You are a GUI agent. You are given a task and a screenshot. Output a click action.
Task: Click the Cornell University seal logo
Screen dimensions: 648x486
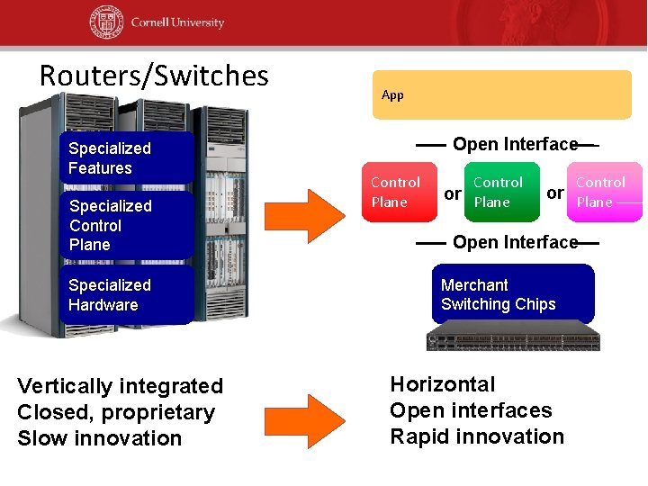[x=107, y=22]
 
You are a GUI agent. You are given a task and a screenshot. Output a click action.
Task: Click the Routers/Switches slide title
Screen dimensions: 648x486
[x=154, y=76]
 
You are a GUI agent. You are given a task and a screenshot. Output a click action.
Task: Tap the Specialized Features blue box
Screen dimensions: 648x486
[x=126, y=158]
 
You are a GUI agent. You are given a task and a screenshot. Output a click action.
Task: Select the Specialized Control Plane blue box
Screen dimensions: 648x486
[x=126, y=225]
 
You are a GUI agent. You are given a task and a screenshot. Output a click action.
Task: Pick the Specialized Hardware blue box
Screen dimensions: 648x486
[x=126, y=294]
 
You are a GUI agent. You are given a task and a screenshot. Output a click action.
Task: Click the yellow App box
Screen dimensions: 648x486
[x=502, y=94]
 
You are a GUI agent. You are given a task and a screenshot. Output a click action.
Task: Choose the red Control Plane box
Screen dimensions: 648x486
[x=399, y=192]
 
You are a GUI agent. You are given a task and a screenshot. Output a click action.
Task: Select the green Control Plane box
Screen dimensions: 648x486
[x=500, y=192]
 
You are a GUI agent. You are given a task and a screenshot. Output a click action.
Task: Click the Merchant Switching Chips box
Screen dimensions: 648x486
[x=512, y=294]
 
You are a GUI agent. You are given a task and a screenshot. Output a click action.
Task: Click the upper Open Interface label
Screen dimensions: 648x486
[x=515, y=144]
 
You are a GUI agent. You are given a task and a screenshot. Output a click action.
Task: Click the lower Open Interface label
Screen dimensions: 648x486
[x=515, y=242]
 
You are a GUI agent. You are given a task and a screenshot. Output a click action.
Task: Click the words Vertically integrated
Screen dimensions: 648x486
[x=120, y=386]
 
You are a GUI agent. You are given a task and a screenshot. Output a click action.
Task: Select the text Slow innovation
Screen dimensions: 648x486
[x=99, y=438]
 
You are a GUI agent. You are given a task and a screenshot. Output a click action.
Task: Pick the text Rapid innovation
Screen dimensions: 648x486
[x=476, y=436]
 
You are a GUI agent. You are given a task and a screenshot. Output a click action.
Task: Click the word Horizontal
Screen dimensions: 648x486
[x=442, y=384]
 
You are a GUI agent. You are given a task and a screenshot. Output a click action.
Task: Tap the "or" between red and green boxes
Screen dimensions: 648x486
[x=453, y=193]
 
